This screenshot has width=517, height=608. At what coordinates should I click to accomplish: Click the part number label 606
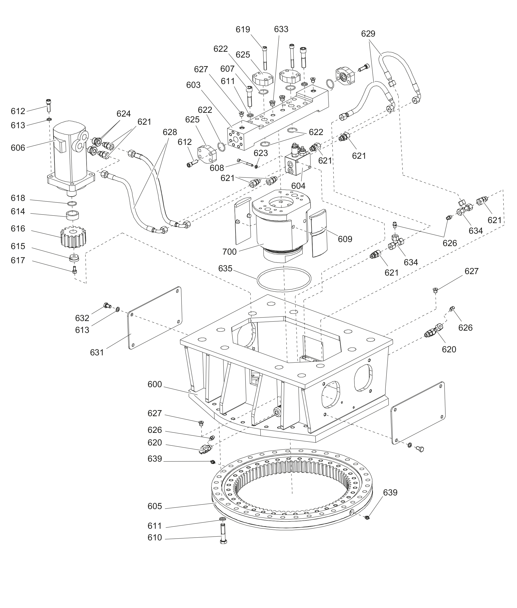tap(18, 148)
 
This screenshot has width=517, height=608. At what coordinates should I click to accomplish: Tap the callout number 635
tap(225, 268)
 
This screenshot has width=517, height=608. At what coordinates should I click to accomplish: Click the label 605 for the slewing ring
tap(155, 506)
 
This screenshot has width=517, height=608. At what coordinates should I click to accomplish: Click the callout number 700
tap(229, 252)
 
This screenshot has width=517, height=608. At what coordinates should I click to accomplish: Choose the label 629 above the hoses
tap(368, 34)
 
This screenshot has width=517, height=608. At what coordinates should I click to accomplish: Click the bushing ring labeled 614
tap(73, 215)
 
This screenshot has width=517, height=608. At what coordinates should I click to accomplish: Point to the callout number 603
tap(193, 85)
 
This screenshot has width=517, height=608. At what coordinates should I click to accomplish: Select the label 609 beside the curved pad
tap(345, 239)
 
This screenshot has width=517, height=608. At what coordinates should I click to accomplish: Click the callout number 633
tap(281, 29)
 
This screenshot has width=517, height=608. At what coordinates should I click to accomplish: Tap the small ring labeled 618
tap(72, 203)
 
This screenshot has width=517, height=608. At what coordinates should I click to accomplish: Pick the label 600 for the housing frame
tap(155, 384)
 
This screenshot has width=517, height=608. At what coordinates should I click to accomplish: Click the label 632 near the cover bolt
tap(82, 318)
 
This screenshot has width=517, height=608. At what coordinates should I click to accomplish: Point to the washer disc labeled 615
tap(74, 258)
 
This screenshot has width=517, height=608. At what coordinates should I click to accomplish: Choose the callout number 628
tap(170, 132)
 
